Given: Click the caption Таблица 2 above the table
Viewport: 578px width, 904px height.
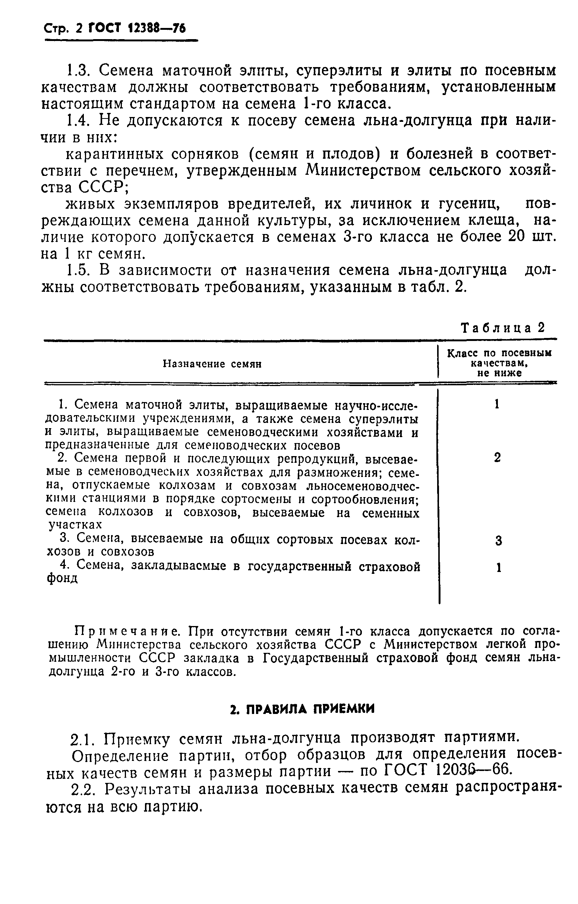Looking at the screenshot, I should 502,328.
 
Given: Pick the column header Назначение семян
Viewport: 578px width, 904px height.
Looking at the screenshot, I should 212,364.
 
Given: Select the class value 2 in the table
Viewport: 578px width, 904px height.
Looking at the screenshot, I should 497,458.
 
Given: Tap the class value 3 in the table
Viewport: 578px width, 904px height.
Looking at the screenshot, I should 498,541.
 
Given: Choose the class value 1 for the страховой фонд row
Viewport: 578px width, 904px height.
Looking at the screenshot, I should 498,568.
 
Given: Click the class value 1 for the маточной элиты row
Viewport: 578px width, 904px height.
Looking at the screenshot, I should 497,404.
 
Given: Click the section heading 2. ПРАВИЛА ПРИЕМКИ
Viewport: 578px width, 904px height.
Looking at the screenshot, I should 302,709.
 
